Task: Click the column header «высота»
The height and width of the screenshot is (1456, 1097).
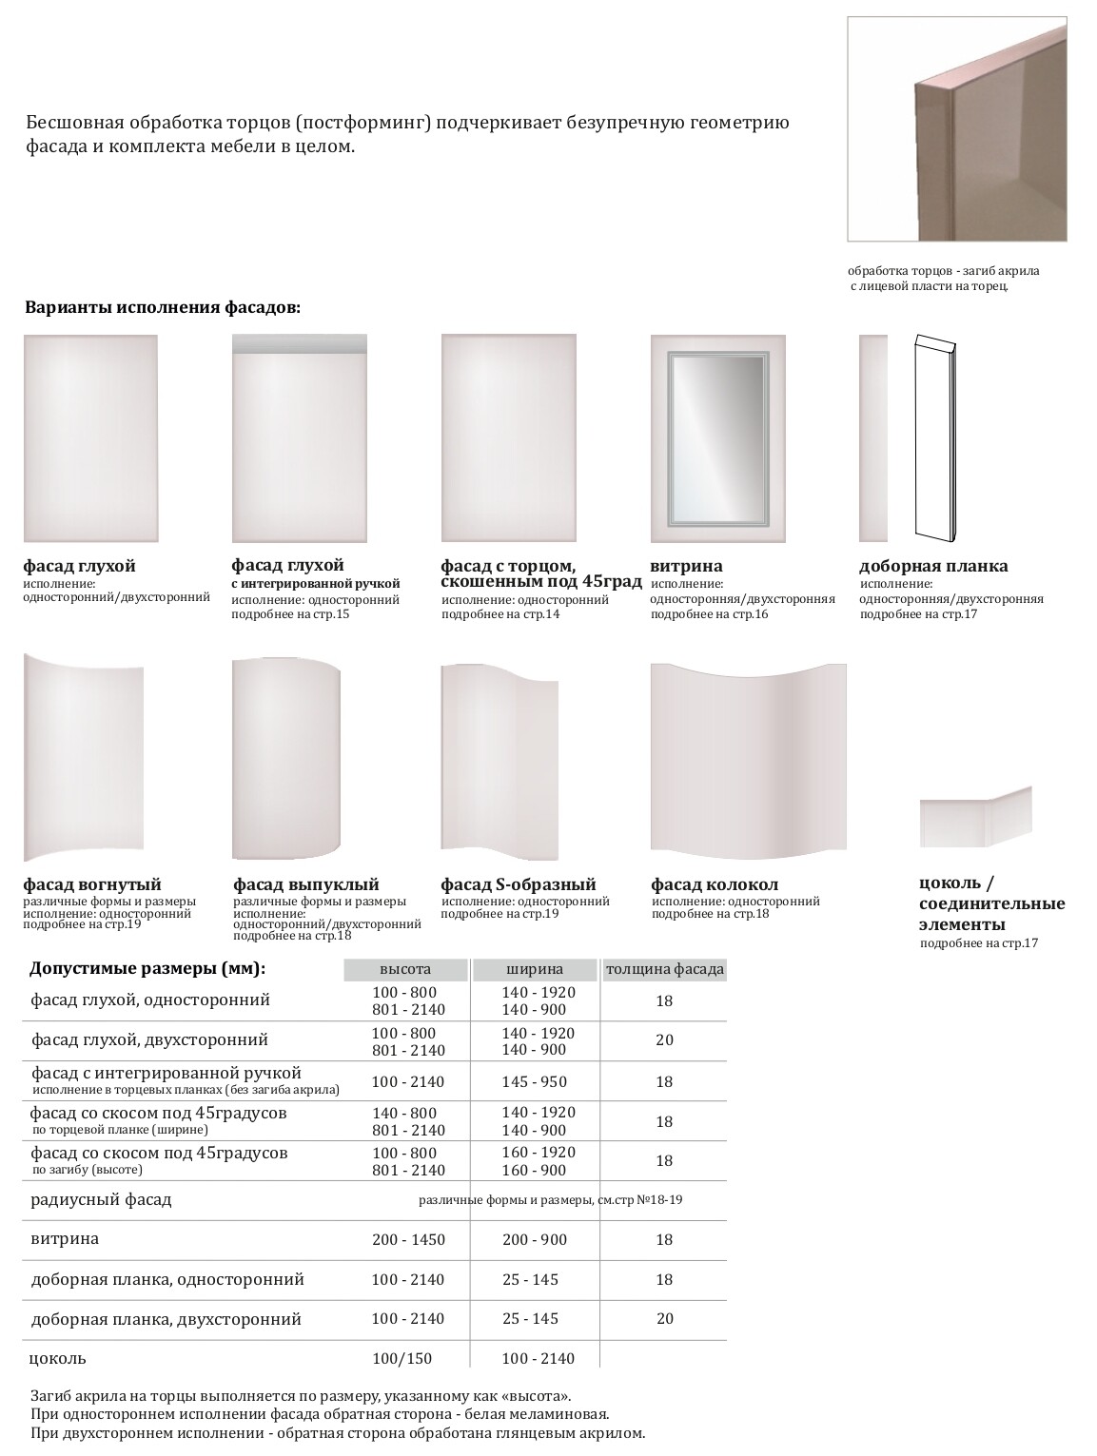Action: coord(405,969)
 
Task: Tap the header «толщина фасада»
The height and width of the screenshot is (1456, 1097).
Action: coord(664,969)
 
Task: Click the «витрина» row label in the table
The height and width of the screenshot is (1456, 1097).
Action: coord(65,1238)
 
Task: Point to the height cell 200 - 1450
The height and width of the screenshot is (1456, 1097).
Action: coord(408,1239)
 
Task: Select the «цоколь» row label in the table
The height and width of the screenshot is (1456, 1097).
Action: coord(58,1357)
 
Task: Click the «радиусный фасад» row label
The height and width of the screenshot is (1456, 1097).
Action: coord(101,1199)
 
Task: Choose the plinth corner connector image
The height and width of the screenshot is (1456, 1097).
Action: coord(975,817)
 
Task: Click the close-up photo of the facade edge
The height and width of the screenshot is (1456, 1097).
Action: coord(956,129)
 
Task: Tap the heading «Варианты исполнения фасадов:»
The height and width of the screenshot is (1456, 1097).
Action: coord(163,308)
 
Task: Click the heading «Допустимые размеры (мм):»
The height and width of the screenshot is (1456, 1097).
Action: coord(147,968)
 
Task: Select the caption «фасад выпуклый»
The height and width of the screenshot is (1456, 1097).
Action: coord(306,884)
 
